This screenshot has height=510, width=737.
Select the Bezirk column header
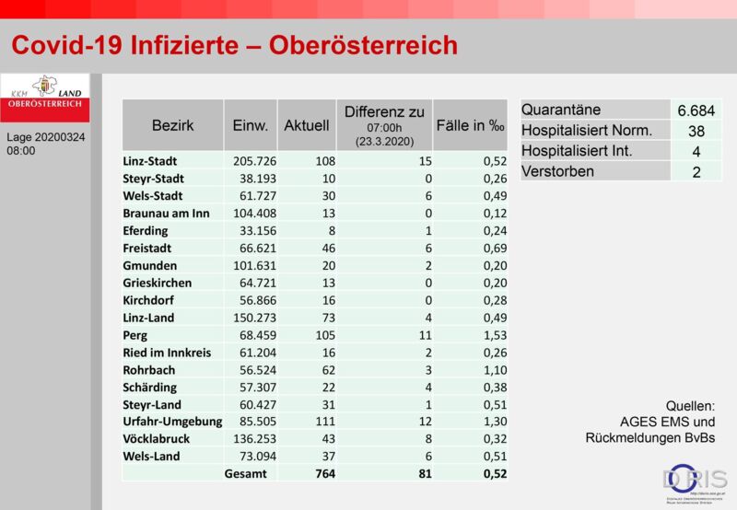(x=172, y=125)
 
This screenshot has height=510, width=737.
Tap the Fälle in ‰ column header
(x=470, y=125)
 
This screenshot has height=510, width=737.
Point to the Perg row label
(x=135, y=335)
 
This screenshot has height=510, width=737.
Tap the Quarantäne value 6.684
(x=696, y=110)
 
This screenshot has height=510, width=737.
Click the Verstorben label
(x=558, y=171)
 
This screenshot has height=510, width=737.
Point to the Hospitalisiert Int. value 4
(x=696, y=152)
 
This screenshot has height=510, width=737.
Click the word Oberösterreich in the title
(x=363, y=45)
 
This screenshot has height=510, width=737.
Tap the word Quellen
(x=690, y=406)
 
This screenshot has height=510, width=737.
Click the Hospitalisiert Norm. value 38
(x=696, y=131)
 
